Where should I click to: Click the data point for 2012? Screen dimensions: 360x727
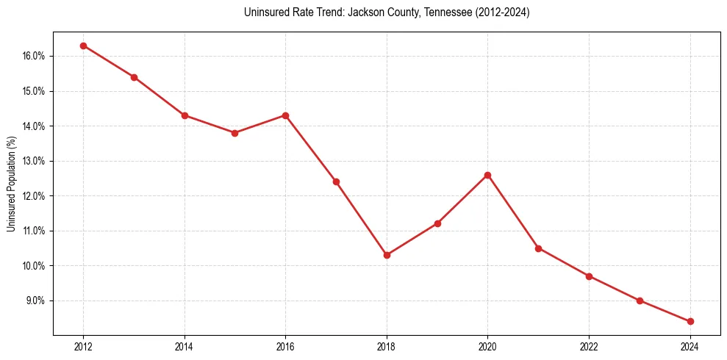[83, 46]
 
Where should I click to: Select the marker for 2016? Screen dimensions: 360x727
[285, 115]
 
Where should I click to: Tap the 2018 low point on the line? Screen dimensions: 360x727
[387, 255]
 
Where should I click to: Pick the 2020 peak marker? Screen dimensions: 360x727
[487, 175]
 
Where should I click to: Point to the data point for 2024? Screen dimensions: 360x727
[690, 321]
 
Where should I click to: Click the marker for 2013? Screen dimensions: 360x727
[134, 77]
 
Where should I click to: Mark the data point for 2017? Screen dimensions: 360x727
[336, 181]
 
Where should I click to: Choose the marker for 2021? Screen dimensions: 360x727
[538, 248]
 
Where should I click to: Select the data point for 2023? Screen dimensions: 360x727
[640, 300]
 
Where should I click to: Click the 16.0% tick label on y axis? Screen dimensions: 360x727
[34, 56]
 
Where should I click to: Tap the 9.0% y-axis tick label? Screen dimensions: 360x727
[35, 300]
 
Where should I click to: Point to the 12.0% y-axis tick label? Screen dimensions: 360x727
[34, 196]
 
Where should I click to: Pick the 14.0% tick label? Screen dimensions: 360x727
[34, 126]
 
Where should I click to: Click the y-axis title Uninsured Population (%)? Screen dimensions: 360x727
[12, 184]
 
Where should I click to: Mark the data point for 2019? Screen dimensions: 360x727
[437, 223]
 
